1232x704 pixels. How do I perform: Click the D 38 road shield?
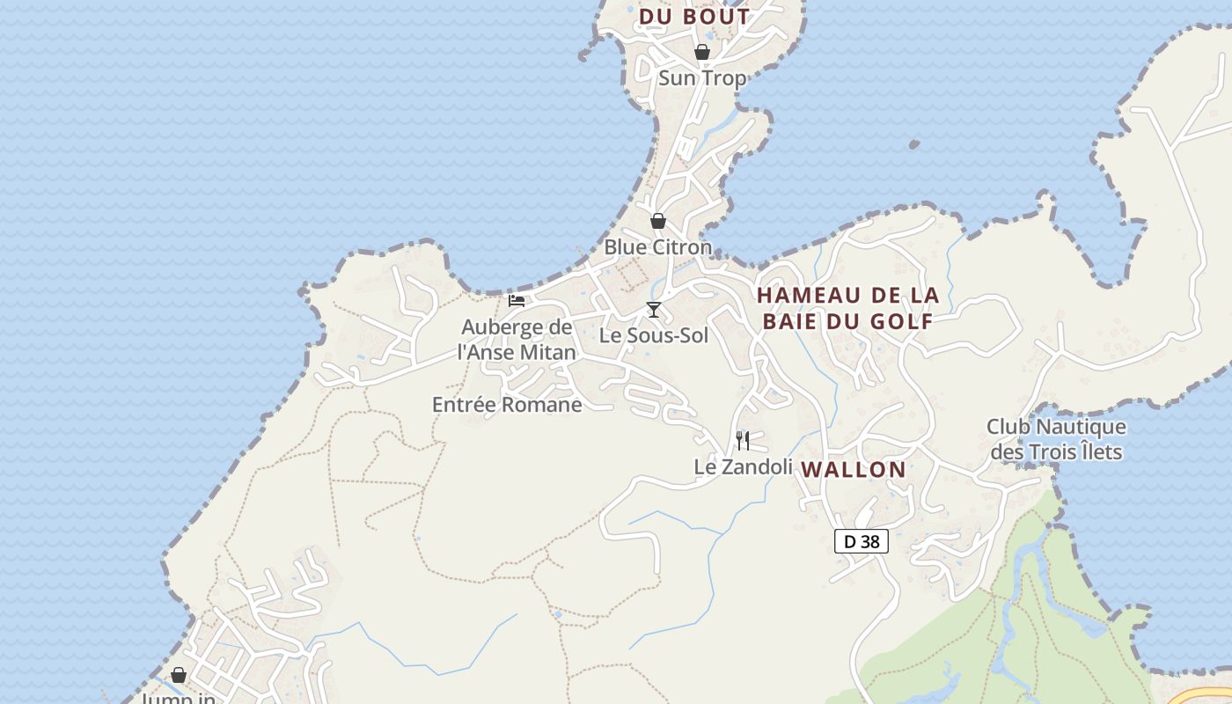[862, 541]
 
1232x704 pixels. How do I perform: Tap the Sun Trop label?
[702, 78]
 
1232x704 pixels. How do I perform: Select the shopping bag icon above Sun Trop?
[702, 52]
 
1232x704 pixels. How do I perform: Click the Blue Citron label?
[657, 247]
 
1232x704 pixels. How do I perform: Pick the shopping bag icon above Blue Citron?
[657, 221]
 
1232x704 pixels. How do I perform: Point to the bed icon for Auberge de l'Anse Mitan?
[517, 301]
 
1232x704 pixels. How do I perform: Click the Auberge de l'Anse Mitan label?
[517, 340]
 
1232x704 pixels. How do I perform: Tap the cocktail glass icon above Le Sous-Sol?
[654, 309]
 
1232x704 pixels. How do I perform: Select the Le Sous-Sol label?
[654, 335]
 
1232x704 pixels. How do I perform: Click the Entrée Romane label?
[507, 405]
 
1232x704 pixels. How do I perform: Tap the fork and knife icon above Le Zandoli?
[743, 441]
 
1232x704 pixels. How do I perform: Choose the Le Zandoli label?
[744, 467]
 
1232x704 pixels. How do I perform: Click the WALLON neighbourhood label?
[854, 470]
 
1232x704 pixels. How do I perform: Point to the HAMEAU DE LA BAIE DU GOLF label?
[847, 308]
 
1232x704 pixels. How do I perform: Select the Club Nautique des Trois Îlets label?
[1056, 439]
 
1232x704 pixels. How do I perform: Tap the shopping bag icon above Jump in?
[179, 675]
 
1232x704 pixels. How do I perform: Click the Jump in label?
[179, 698]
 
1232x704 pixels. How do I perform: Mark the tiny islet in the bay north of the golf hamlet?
[913, 144]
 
